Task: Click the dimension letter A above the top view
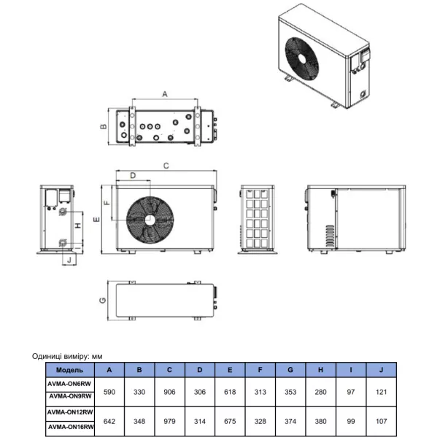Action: point(164,94)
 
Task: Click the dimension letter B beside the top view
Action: point(104,126)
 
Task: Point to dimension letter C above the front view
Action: point(166,166)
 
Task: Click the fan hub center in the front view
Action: point(150,219)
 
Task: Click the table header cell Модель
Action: point(69,369)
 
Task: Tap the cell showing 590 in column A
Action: point(110,392)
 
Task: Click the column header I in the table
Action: point(351,369)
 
